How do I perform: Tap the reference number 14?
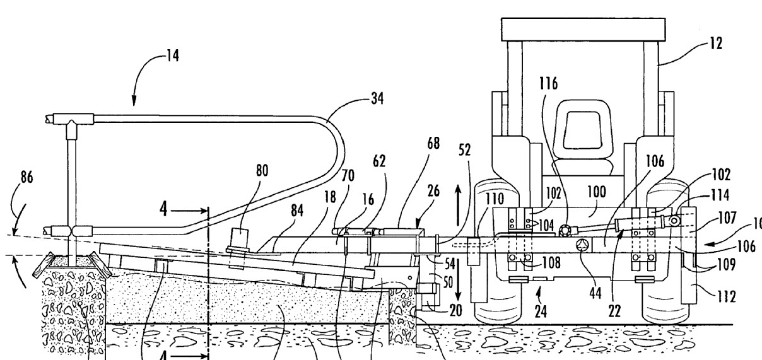[172, 56]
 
